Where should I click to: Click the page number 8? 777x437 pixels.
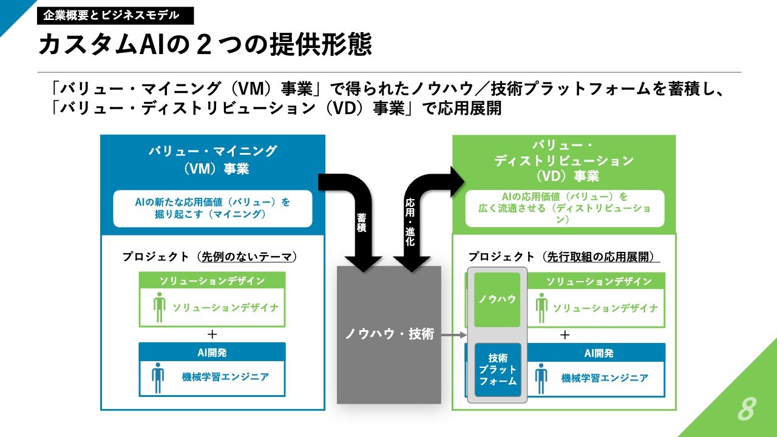tap(747, 408)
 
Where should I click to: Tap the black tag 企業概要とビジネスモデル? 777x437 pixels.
tap(115, 16)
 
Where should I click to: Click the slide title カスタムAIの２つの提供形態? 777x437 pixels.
tap(205, 44)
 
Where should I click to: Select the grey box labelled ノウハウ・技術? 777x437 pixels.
tap(389, 334)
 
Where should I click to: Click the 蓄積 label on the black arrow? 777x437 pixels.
tap(361, 223)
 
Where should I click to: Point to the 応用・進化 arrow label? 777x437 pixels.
tap(410, 222)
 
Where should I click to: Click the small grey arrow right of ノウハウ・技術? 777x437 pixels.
tap(454, 334)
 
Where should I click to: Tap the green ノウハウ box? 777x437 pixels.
tap(497, 300)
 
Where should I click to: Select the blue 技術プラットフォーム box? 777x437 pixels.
tap(498, 370)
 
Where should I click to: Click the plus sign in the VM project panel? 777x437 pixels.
tap(212, 334)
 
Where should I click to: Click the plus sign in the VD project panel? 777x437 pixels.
tap(565, 334)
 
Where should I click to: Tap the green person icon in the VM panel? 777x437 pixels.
tap(159, 307)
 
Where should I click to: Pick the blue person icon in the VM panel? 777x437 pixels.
tap(158, 378)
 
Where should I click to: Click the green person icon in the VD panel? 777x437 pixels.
tap(541, 308)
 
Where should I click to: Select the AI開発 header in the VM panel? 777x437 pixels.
tap(212, 353)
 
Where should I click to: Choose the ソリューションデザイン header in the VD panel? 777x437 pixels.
tap(599, 281)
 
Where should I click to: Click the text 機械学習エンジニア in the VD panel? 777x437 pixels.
tap(605, 378)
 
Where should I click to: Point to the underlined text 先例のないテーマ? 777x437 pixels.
tap(246, 257)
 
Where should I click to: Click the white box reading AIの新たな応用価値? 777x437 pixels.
tap(212, 208)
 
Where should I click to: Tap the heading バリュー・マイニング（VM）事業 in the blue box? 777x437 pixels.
tap(213, 160)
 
